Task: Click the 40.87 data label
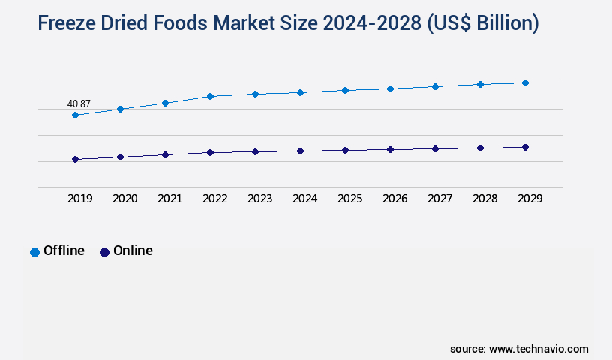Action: pyautogui.click(x=79, y=103)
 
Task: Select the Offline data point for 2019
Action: pyautogui.click(x=75, y=115)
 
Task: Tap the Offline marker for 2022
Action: pyautogui.click(x=210, y=96)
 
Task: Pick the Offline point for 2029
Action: pyautogui.click(x=525, y=82)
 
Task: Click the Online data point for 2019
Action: pyautogui.click(x=75, y=159)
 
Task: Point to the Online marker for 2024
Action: pyautogui.click(x=300, y=151)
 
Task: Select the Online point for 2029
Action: pyautogui.click(x=525, y=147)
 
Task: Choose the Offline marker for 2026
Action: pyautogui.click(x=390, y=88)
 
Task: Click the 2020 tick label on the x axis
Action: pyautogui.click(x=125, y=199)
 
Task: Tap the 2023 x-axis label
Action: pyautogui.click(x=260, y=199)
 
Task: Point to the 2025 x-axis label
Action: pyautogui.click(x=350, y=199)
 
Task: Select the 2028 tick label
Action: pyautogui.click(x=485, y=199)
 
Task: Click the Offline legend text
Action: pyautogui.click(x=64, y=250)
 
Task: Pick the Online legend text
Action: pyautogui.click(x=133, y=250)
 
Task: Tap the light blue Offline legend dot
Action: pyautogui.click(x=34, y=252)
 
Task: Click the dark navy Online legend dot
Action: pyautogui.click(x=104, y=252)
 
